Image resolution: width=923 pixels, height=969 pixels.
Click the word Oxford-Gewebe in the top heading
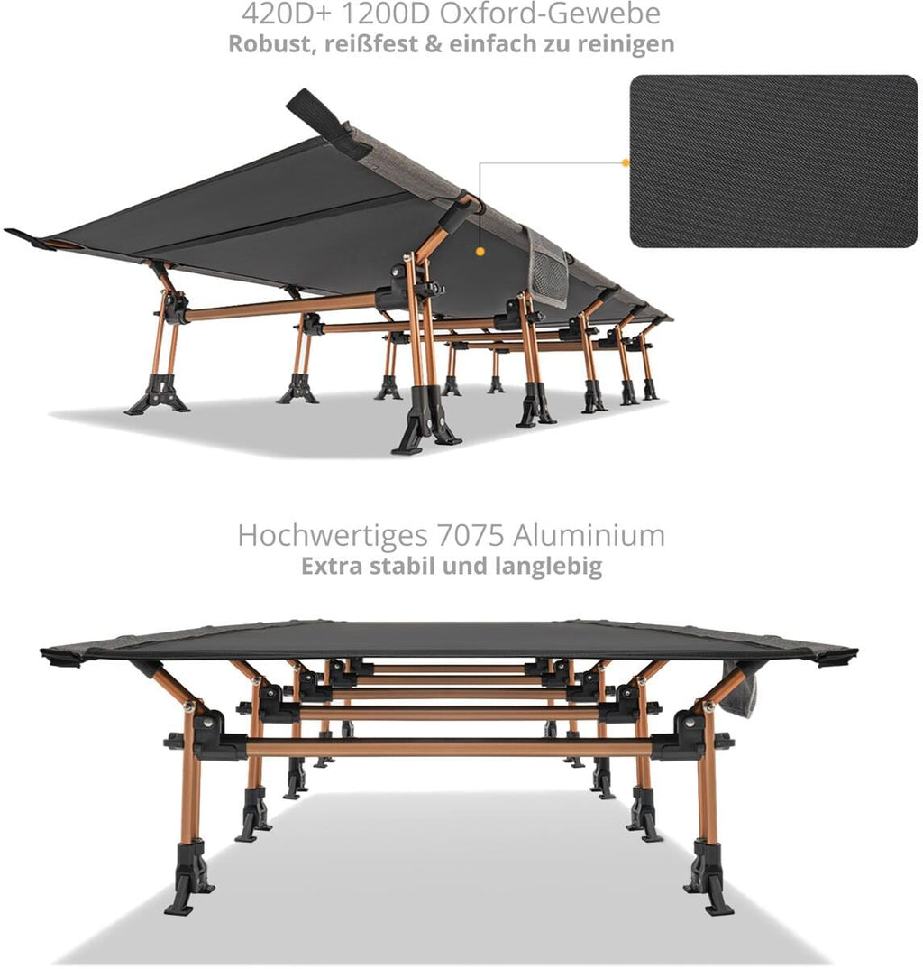coord(550,13)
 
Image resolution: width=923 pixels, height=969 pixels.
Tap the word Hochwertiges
coord(333,536)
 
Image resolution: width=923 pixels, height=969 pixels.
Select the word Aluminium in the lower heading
coord(589,535)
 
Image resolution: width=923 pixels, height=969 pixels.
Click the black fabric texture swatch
coord(773,161)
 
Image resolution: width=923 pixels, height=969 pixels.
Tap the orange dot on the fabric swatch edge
coord(626,162)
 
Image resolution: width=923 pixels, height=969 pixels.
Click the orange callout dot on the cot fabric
coord(480,252)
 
